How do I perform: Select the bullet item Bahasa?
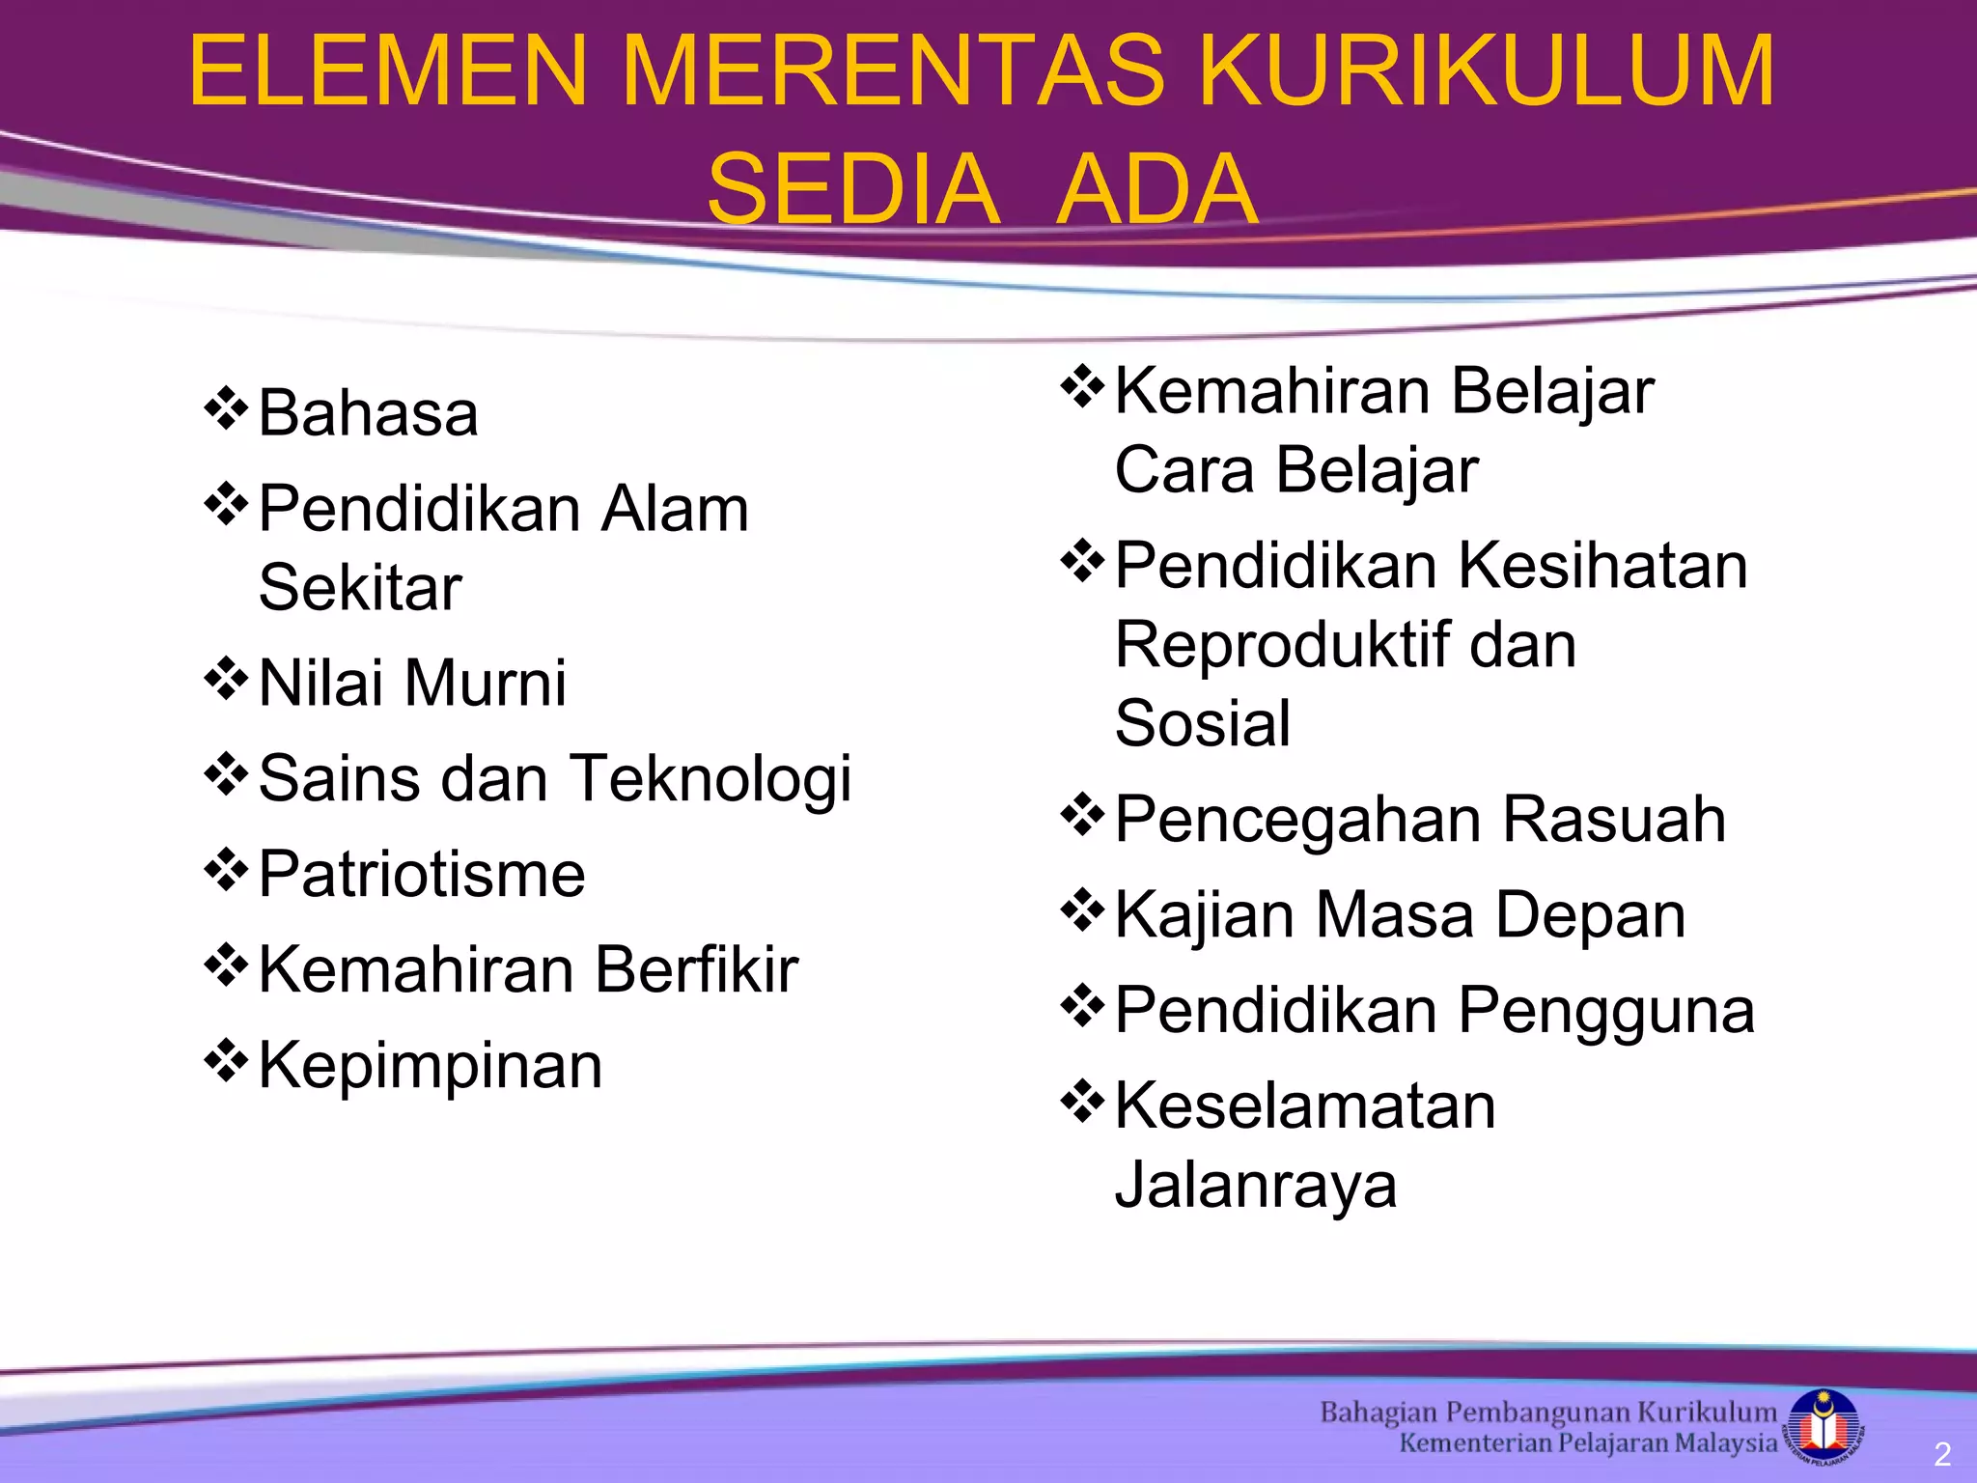[368, 413]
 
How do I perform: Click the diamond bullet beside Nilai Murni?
[226, 678]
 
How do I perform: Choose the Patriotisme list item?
[422, 874]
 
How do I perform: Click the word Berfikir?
[696, 969]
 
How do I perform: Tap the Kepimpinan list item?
[431, 1065]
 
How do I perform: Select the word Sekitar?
[360, 588]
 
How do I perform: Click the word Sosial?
[1202, 723]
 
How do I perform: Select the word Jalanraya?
[1256, 1185]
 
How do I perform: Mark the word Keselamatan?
[1305, 1105]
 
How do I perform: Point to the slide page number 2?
[1942, 1454]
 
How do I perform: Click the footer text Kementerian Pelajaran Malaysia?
[1587, 1443]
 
